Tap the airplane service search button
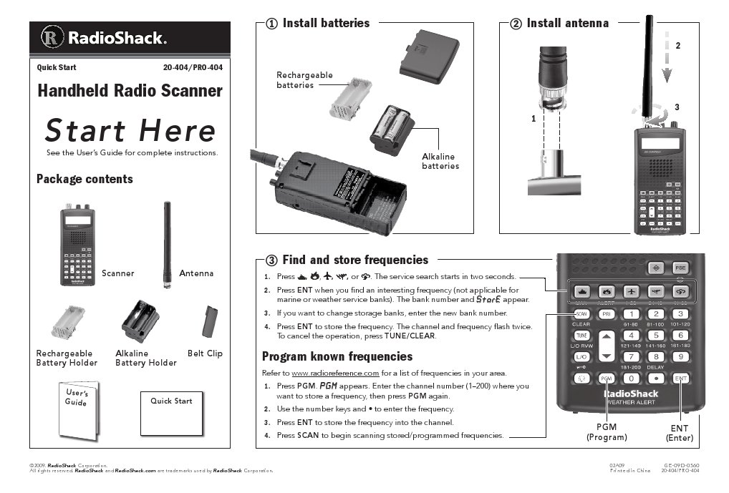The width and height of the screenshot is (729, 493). click(x=630, y=291)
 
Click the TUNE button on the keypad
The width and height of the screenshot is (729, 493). click(x=581, y=336)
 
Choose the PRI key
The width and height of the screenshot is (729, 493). click(x=606, y=314)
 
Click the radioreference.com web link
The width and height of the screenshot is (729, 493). click(x=335, y=373)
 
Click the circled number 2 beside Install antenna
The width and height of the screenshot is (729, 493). click(x=516, y=24)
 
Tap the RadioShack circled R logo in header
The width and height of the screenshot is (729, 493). click(x=51, y=38)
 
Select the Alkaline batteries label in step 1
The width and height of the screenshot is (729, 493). click(x=438, y=161)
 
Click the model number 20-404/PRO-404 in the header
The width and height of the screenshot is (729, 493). click(x=193, y=68)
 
